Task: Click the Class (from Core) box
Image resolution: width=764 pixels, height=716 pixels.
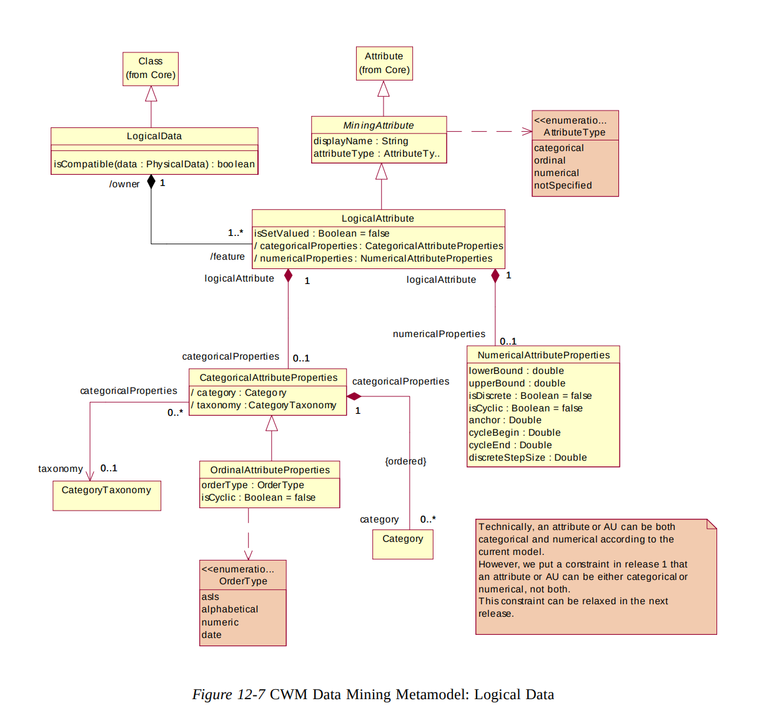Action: [x=151, y=69]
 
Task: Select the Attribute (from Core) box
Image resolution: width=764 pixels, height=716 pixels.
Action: [x=384, y=64]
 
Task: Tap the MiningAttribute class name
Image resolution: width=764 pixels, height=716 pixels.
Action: [x=379, y=125]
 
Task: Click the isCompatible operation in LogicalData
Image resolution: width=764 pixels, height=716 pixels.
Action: [x=154, y=164]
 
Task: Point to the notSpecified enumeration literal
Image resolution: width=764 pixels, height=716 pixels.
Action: [x=563, y=185]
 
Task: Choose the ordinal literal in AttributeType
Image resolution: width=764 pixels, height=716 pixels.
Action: [x=550, y=160]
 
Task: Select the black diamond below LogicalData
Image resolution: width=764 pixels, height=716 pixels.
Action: [x=151, y=182]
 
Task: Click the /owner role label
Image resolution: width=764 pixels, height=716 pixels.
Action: [x=124, y=184]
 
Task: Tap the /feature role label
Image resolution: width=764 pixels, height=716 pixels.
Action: [x=227, y=257]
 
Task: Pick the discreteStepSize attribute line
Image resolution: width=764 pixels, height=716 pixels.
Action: [x=528, y=458]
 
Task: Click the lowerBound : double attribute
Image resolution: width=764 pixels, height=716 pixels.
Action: [x=517, y=371]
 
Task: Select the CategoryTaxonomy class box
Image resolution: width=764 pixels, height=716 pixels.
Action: [x=107, y=496]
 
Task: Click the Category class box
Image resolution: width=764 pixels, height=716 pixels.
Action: [x=403, y=544]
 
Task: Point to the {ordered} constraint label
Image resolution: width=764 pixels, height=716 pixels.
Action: [x=405, y=461]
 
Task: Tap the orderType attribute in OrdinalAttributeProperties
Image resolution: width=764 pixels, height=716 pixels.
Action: [x=253, y=485]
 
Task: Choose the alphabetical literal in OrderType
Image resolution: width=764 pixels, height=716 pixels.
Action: [x=230, y=609]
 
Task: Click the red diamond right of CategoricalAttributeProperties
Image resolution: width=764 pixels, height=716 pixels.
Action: [x=354, y=396]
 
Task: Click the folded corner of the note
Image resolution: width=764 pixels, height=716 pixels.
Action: [x=712, y=524]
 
